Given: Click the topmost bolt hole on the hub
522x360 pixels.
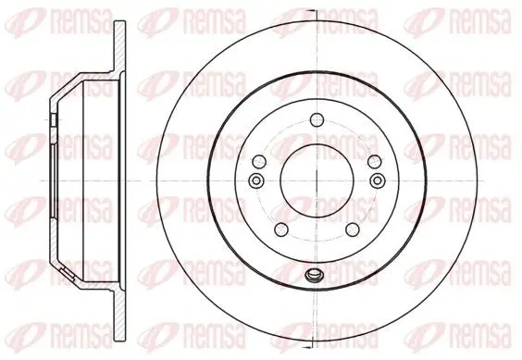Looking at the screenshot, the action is coord(317,120).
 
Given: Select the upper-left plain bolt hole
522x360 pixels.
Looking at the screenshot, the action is coord(259,162).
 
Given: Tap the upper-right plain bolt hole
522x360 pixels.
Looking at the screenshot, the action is coord(374,162).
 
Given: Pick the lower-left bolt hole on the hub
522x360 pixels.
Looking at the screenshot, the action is coord(281,230).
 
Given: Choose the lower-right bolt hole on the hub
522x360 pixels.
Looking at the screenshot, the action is coord(353,230).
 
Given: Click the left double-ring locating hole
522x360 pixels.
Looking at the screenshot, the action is coord(256,180).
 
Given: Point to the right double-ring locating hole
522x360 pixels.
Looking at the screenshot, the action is coord(378,180).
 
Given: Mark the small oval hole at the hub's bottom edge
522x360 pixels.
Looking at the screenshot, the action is coord(313,275).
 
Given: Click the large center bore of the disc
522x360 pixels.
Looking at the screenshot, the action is coord(317,180).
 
